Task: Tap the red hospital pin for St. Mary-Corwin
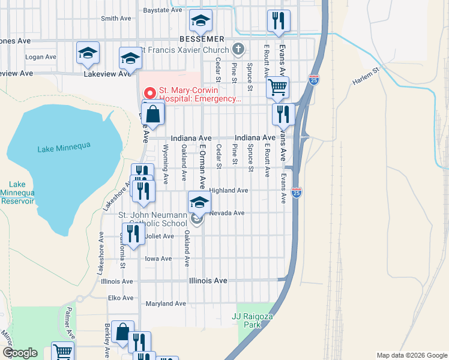(x=149, y=93)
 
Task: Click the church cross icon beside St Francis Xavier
(x=238, y=49)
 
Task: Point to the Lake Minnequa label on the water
(x=58, y=149)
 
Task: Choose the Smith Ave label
(x=116, y=19)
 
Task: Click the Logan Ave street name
(x=41, y=57)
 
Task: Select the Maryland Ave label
(x=163, y=304)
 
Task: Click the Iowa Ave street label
(x=158, y=259)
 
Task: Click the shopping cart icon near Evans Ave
(x=277, y=87)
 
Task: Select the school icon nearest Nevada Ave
(x=199, y=202)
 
